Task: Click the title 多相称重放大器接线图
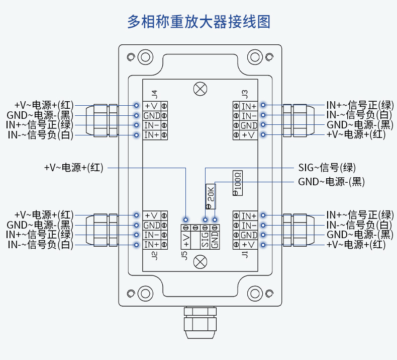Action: pos(199,22)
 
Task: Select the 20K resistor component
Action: pos(211,196)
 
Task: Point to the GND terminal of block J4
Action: pos(152,116)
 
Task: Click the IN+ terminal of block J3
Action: pos(249,106)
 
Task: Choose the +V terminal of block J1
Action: pos(249,245)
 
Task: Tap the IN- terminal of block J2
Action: pos(152,235)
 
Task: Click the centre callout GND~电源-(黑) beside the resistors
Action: pos(331,182)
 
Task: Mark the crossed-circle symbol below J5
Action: pos(201,262)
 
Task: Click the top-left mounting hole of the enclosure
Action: pos(145,56)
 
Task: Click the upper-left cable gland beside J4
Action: pos(103,120)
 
